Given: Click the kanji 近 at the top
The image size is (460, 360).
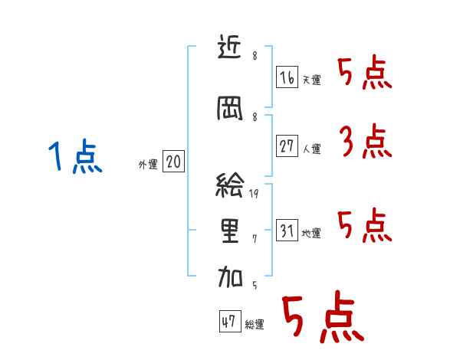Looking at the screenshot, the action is pos(230,50).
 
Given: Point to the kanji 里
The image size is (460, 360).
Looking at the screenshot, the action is pos(230,231).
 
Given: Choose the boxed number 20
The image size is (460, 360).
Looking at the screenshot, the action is pos(173,162).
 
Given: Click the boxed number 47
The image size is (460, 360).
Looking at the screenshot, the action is pos(228,322).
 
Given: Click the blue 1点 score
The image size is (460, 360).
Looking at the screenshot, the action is pos(74,158).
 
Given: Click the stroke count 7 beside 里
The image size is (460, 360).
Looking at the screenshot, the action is pos(255,240).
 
